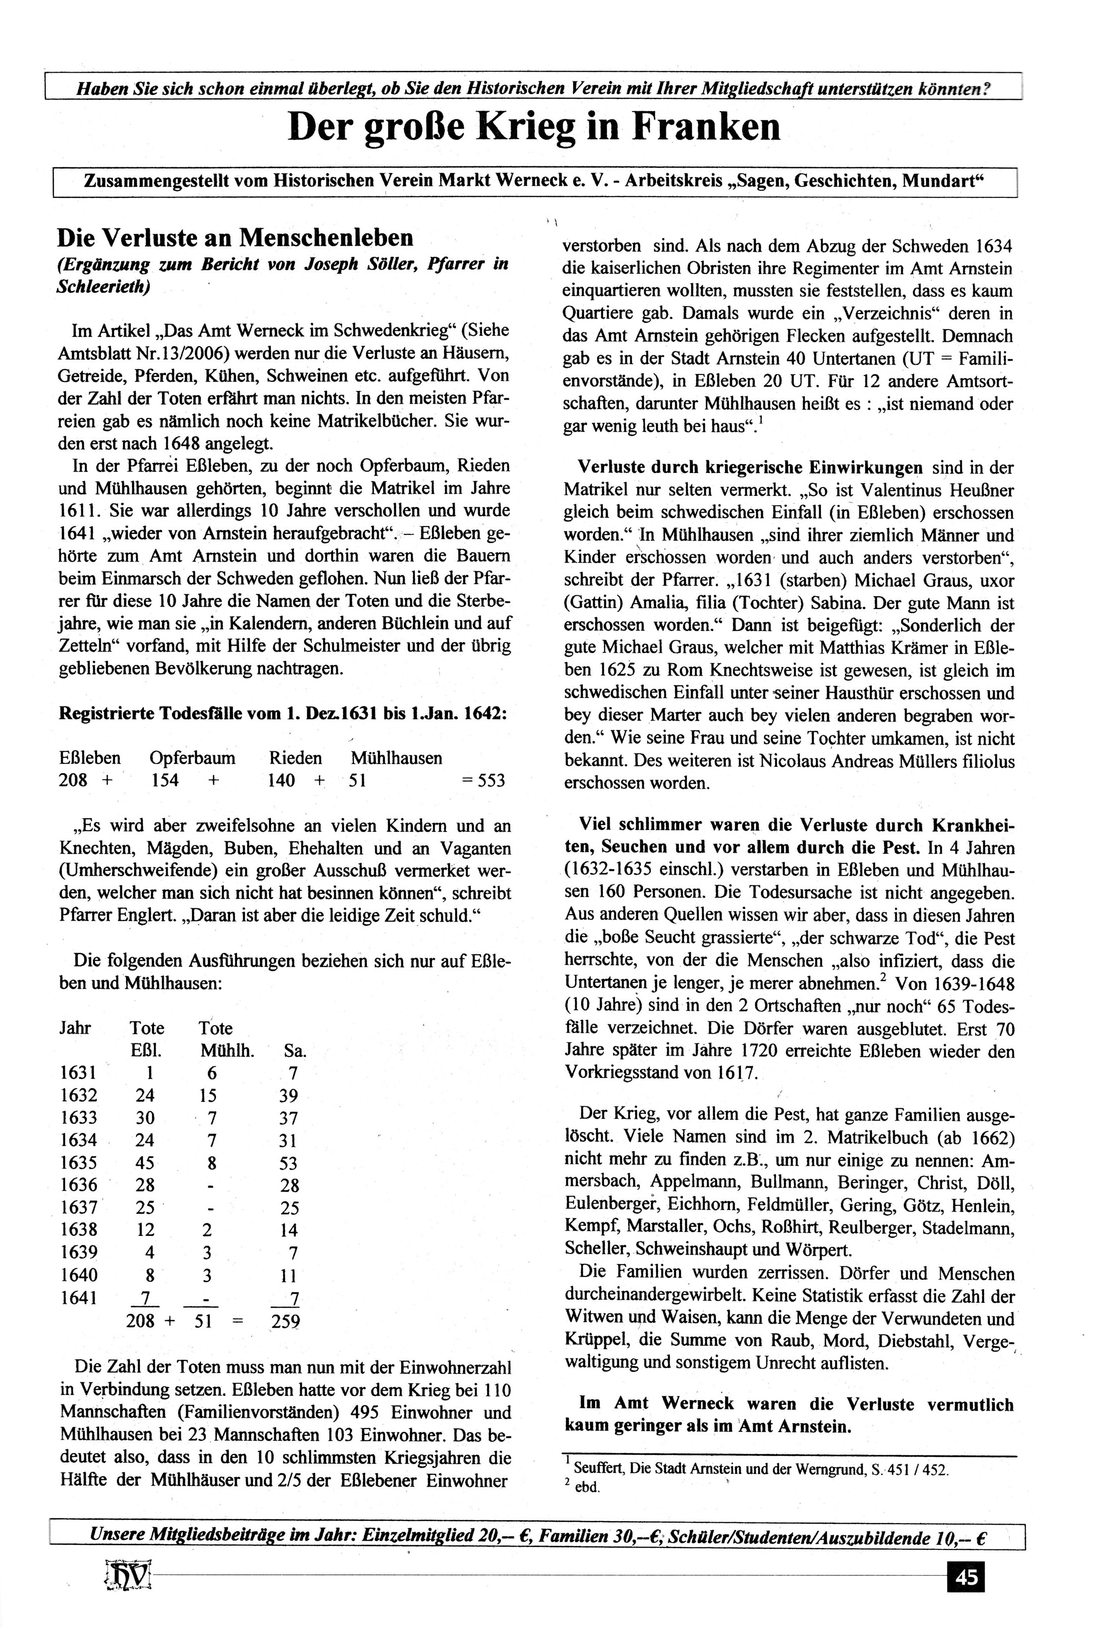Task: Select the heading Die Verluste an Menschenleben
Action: pyautogui.click(x=235, y=239)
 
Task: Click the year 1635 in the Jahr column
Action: pyautogui.click(x=78, y=1163)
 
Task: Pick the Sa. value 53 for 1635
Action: pyautogui.click(x=289, y=1163)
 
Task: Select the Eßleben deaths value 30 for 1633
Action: pyautogui.click(x=145, y=1118)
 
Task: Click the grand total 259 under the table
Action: pyautogui.click(x=285, y=1321)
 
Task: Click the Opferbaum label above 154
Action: pyautogui.click(x=193, y=758)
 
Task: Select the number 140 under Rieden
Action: pyautogui.click(x=281, y=781)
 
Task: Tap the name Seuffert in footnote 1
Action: pyautogui.click(x=599, y=1470)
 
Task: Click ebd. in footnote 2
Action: pyautogui.click(x=587, y=1488)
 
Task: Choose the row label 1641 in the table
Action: pyautogui.click(x=78, y=1297)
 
